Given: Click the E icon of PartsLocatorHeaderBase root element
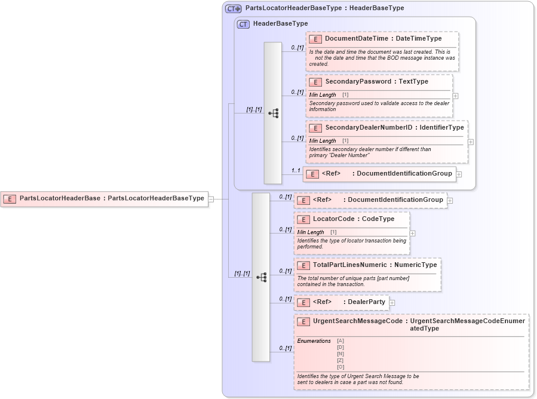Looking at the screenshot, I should (10, 198).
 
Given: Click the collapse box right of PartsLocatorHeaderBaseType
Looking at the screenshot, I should (211, 199).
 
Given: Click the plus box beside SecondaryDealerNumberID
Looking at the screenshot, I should (471, 142).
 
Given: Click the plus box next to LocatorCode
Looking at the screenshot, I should (413, 233).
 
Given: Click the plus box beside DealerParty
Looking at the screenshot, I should (392, 303).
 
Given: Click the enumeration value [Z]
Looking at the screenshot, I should (340, 360).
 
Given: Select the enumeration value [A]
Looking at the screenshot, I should (340, 340).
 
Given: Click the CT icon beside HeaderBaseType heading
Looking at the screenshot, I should (243, 24).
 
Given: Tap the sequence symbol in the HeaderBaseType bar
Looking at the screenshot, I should (273, 113).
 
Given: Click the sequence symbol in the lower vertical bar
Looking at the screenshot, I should (261, 277).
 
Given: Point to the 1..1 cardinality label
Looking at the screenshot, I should (295, 171).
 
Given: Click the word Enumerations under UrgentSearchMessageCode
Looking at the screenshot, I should (314, 341).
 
